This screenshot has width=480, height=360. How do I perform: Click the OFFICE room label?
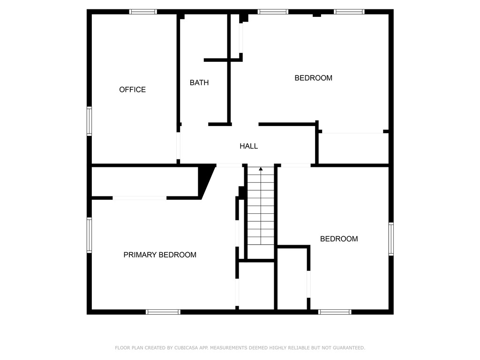(x=132, y=90)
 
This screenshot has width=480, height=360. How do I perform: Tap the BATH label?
(x=199, y=82)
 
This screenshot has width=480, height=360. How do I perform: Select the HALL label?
(x=248, y=146)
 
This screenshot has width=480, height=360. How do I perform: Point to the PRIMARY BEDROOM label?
(x=160, y=255)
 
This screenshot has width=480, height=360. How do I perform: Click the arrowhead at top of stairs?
(x=261, y=168)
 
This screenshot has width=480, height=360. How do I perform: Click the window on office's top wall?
(x=143, y=12)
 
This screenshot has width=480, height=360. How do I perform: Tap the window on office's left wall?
(x=89, y=121)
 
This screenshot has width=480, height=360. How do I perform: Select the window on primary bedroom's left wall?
(x=89, y=235)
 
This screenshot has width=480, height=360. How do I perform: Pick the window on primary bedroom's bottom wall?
(x=163, y=312)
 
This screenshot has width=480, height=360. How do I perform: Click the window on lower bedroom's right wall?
(x=391, y=239)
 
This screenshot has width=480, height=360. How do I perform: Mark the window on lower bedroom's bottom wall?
(x=335, y=312)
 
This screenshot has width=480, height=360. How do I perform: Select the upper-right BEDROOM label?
(x=313, y=78)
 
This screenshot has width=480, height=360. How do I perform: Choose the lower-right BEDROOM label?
(x=338, y=239)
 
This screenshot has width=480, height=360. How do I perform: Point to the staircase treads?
(x=261, y=211)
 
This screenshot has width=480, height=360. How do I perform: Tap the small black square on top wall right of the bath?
(x=244, y=18)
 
